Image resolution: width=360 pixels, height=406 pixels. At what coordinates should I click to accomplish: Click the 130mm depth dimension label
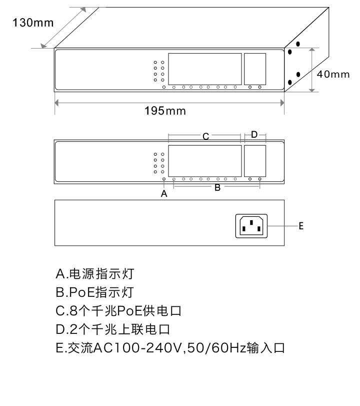click(33, 23)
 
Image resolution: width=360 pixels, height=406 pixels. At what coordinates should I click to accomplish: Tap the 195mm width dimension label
click(165, 111)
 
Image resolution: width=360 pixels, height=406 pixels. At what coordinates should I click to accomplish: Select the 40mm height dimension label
click(333, 74)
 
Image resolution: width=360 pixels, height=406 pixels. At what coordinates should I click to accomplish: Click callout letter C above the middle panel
click(205, 136)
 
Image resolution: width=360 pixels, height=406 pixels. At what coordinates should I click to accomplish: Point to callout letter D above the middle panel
click(254, 134)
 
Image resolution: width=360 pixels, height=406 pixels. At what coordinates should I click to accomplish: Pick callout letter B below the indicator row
click(217, 187)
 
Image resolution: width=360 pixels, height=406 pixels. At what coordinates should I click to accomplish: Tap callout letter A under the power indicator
click(164, 193)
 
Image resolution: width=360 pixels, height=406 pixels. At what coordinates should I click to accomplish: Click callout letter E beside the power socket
click(301, 226)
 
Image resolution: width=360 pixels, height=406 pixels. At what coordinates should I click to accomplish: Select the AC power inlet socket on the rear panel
click(251, 226)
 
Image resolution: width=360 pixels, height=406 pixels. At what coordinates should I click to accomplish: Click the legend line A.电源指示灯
click(95, 274)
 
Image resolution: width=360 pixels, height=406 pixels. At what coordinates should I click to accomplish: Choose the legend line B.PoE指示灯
click(94, 292)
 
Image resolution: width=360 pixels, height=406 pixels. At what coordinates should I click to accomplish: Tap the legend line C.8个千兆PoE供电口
click(118, 311)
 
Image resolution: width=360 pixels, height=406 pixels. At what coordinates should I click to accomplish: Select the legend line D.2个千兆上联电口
click(113, 329)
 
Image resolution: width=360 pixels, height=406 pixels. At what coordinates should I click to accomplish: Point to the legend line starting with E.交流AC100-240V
click(170, 348)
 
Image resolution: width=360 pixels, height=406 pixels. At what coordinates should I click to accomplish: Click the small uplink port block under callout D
click(255, 161)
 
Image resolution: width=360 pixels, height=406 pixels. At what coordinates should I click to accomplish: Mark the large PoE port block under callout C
click(205, 161)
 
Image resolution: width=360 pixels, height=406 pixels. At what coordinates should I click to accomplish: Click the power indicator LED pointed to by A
click(163, 179)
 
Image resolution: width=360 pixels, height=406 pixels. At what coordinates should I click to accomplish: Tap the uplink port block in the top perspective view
click(255, 69)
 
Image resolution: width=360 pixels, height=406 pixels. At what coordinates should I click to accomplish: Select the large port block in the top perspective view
click(205, 69)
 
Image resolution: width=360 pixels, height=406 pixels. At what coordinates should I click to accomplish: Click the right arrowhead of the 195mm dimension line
click(282, 103)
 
